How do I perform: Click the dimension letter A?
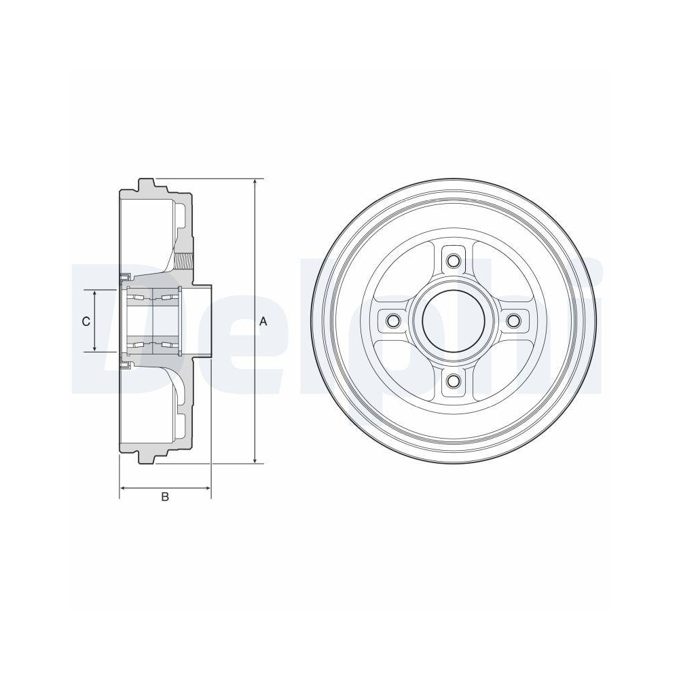[x=263, y=323]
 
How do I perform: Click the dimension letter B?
[x=164, y=497]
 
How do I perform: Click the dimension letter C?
[x=86, y=322]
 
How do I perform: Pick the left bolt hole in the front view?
[x=390, y=320]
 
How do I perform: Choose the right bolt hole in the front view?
[x=514, y=320]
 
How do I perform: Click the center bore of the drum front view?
[x=452, y=320]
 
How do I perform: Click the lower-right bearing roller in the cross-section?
[x=168, y=346]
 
